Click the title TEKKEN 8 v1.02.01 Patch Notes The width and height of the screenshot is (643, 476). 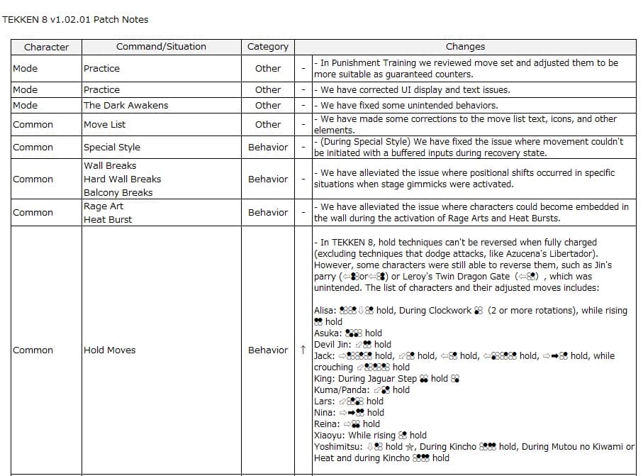(75, 19)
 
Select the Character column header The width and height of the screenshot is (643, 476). (46, 47)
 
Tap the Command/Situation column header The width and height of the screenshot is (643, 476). (161, 47)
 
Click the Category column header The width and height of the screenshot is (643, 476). (268, 47)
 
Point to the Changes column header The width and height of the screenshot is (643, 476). (465, 47)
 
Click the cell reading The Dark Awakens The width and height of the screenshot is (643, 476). (125, 105)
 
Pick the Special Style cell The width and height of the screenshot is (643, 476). (112, 148)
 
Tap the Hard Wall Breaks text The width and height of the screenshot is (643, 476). (122, 179)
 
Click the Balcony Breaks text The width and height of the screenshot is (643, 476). (118, 192)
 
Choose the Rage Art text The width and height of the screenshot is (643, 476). (104, 206)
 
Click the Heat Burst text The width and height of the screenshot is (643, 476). (108, 219)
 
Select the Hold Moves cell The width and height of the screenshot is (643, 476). (109, 350)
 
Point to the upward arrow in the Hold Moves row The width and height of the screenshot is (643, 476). (303, 350)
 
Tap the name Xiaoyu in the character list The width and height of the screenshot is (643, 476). (329, 435)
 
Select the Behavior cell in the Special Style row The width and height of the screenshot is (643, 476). (268, 148)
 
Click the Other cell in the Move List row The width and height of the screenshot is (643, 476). (268, 124)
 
